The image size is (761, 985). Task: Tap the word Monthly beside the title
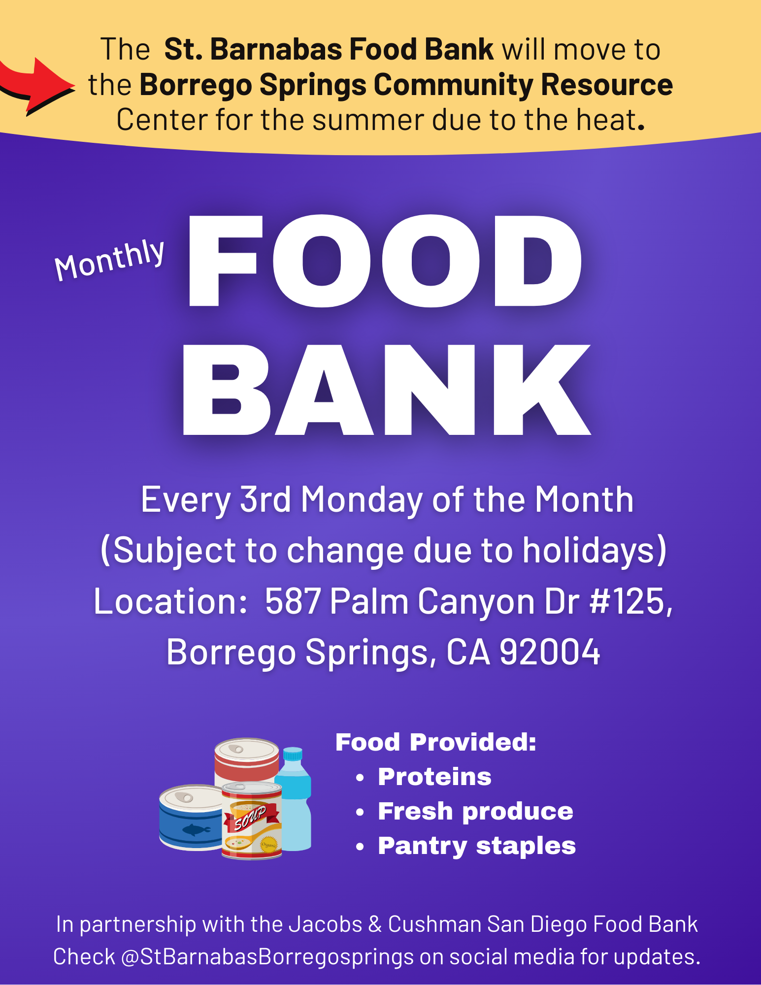(x=109, y=260)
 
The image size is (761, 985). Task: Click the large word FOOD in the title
(x=385, y=261)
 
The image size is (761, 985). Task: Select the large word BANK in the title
(x=387, y=390)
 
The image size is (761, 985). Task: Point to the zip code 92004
(x=550, y=652)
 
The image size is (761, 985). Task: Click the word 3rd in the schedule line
(x=265, y=500)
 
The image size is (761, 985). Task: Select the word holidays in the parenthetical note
(x=589, y=550)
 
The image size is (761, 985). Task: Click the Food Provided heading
(x=436, y=742)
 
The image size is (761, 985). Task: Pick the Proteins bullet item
(x=434, y=777)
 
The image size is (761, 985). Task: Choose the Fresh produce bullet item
(x=475, y=812)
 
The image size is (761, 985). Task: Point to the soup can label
(x=252, y=821)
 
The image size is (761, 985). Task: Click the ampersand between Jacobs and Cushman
(x=375, y=924)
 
